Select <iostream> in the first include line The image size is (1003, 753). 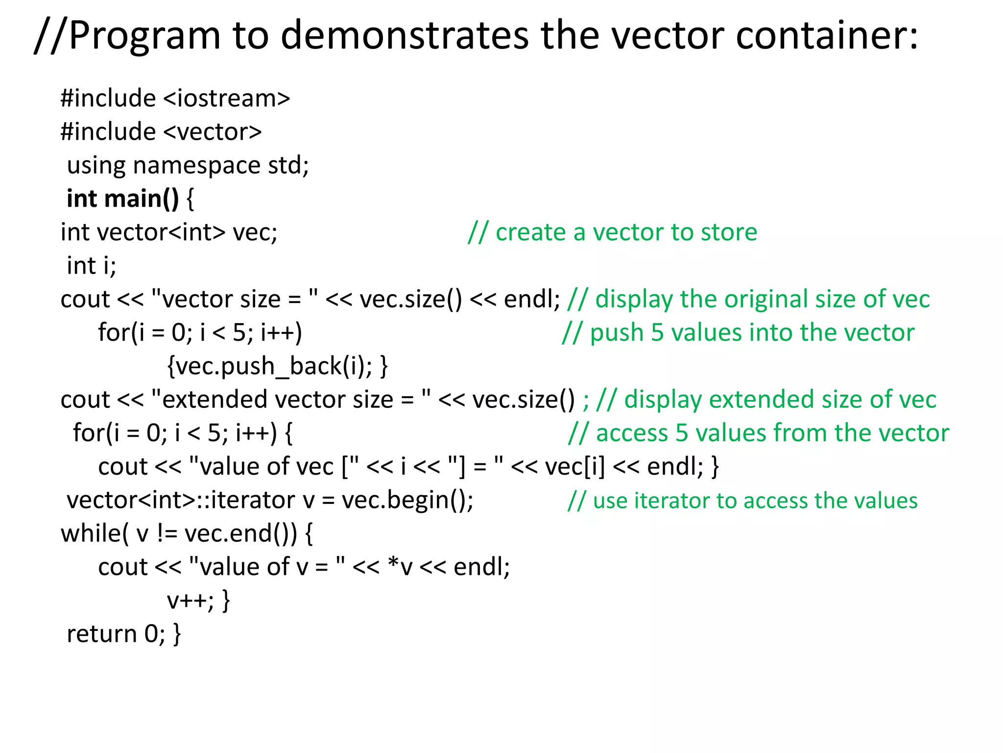226,98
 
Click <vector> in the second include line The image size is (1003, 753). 212,131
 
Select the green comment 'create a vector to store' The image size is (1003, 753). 612,232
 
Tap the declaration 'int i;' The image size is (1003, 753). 92,266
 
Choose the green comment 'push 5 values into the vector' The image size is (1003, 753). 738,332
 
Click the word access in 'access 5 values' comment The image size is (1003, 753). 632,433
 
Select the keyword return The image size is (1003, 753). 101,634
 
